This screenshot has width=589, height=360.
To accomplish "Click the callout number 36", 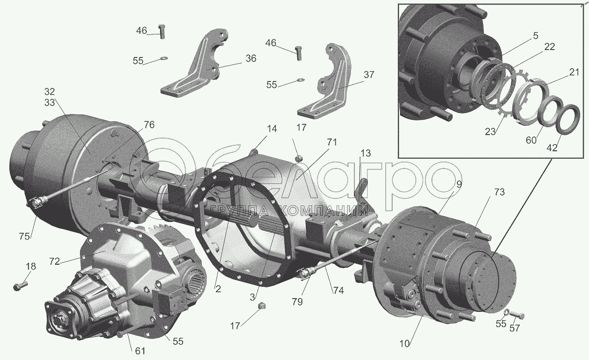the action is (251, 58).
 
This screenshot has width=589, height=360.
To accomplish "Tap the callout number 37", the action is (369, 75).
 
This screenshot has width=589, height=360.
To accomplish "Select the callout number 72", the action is (54, 262).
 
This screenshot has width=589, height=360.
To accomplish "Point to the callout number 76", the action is (149, 125).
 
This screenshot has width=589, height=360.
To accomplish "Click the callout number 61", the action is (140, 351).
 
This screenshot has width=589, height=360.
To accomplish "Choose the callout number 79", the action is (297, 302).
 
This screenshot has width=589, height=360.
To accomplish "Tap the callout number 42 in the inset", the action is (552, 148).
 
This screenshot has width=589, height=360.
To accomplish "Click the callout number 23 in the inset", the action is (490, 132).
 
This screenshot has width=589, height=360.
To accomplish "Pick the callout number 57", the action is (514, 328).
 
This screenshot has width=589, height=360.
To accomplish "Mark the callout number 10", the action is (404, 344).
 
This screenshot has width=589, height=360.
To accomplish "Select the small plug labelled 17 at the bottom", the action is (261, 306).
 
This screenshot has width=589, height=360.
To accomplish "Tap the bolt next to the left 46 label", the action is (162, 31).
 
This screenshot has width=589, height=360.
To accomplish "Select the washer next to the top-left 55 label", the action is (164, 58).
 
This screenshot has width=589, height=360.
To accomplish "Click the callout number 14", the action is (272, 129).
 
